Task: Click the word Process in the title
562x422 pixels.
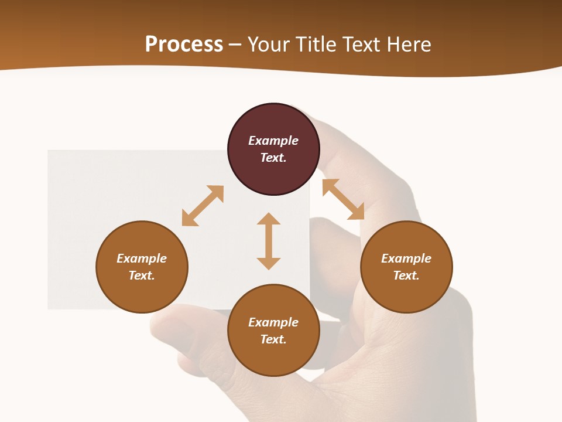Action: [184, 45]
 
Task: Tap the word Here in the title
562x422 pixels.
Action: [410, 45]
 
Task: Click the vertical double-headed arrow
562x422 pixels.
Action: [269, 241]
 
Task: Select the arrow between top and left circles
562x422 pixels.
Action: [203, 206]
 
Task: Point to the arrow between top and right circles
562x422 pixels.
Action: [343, 199]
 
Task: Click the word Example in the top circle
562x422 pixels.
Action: [273, 141]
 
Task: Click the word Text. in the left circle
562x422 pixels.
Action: [142, 275]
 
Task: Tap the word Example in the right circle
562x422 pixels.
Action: [406, 258]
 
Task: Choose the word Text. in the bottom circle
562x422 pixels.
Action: [273, 339]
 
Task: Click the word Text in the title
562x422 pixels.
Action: [365, 45]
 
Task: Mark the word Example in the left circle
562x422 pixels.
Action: [142, 258]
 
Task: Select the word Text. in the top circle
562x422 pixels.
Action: [273, 158]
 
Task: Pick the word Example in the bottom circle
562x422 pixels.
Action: [273, 322]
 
